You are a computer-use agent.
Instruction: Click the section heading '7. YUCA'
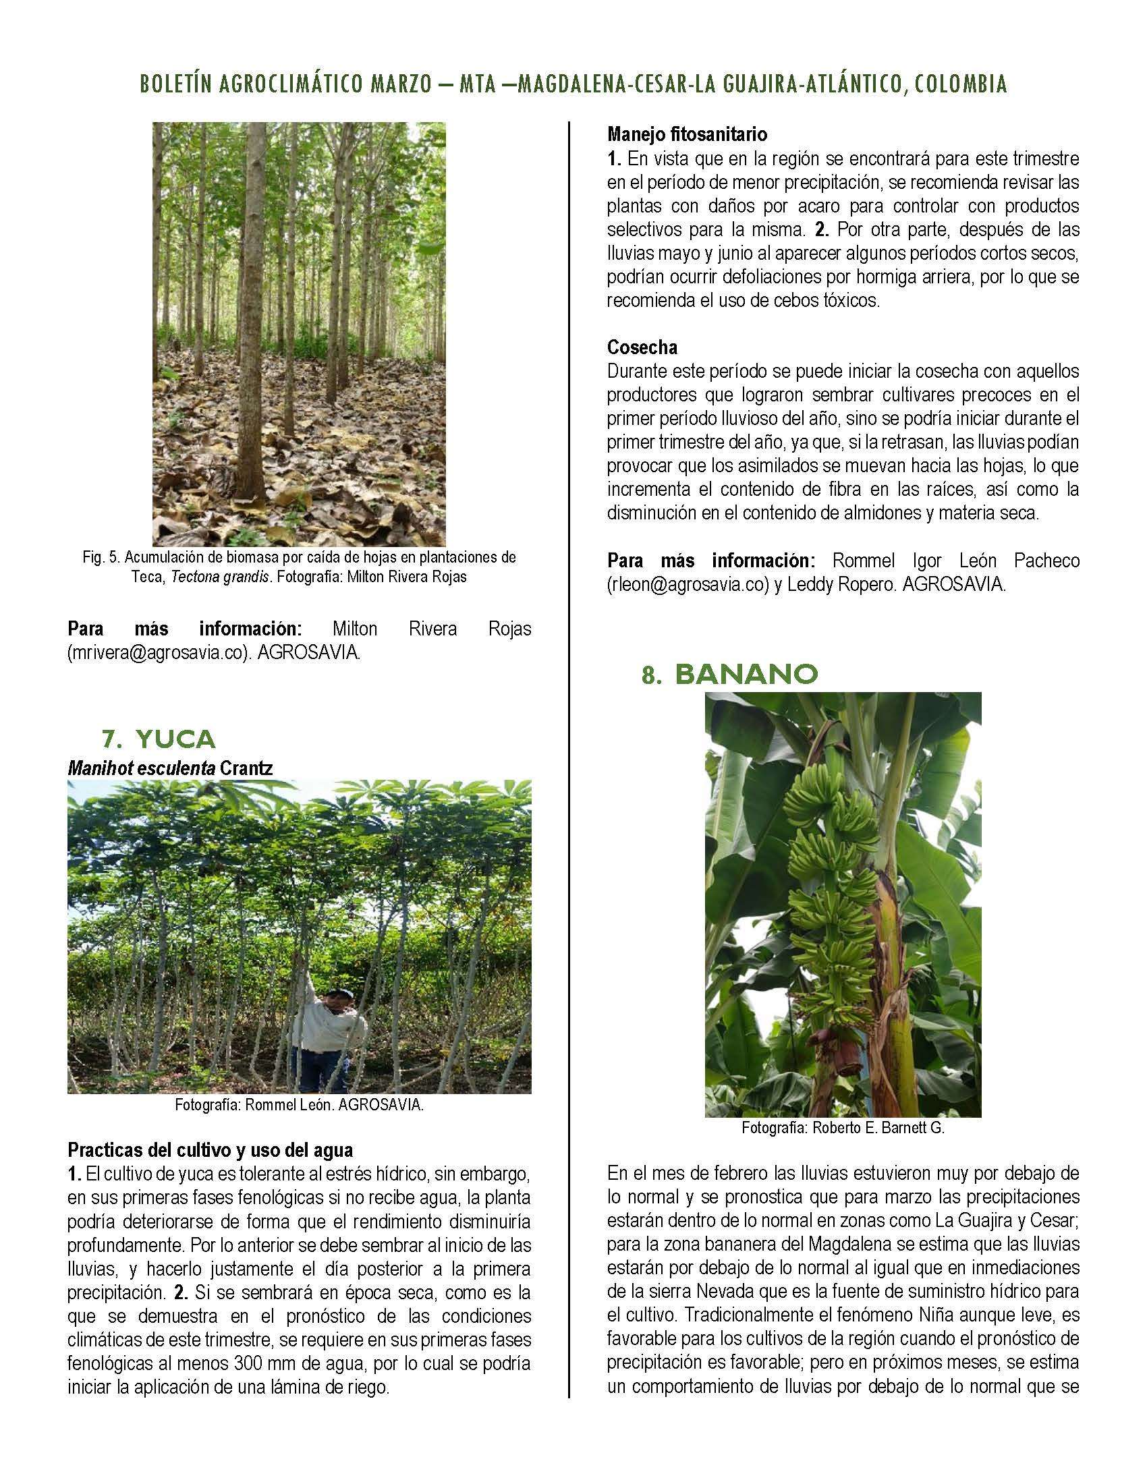158,739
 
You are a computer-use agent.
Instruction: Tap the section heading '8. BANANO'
729,674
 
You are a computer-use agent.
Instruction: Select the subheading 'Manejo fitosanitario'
687,134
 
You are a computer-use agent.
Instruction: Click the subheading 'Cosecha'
642,347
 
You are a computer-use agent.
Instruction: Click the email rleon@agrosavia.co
687,584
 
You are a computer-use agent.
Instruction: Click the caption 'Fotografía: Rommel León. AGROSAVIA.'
299,1105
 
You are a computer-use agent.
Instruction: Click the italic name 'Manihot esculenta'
140,768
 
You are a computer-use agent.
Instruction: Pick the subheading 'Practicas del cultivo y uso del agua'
210,1150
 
